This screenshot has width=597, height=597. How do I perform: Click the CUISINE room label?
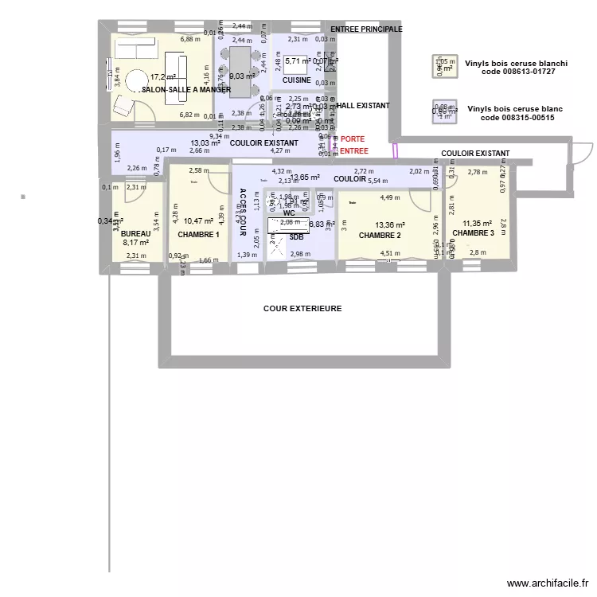point(296,80)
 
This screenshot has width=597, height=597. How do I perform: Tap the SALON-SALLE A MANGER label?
point(185,90)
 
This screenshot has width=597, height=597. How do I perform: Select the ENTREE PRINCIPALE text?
point(366,29)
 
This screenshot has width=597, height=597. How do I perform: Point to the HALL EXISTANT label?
point(363,105)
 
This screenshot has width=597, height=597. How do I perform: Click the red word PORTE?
point(353,139)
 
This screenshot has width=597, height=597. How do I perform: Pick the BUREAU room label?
point(135,234)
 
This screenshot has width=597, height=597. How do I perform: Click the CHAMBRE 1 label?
point(198,235)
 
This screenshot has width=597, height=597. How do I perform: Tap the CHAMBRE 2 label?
point(380,236)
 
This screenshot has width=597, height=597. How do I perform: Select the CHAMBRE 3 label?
point(473,233)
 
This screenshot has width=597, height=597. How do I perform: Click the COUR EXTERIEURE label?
point(302,308)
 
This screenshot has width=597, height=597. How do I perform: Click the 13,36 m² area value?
point(390,225)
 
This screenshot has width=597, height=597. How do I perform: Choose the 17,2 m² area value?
point(162,77)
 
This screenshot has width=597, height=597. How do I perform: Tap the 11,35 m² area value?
point(478,224)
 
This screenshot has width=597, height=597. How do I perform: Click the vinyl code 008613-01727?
point(518,72)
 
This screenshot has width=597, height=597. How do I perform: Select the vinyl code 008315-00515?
point(518,117)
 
